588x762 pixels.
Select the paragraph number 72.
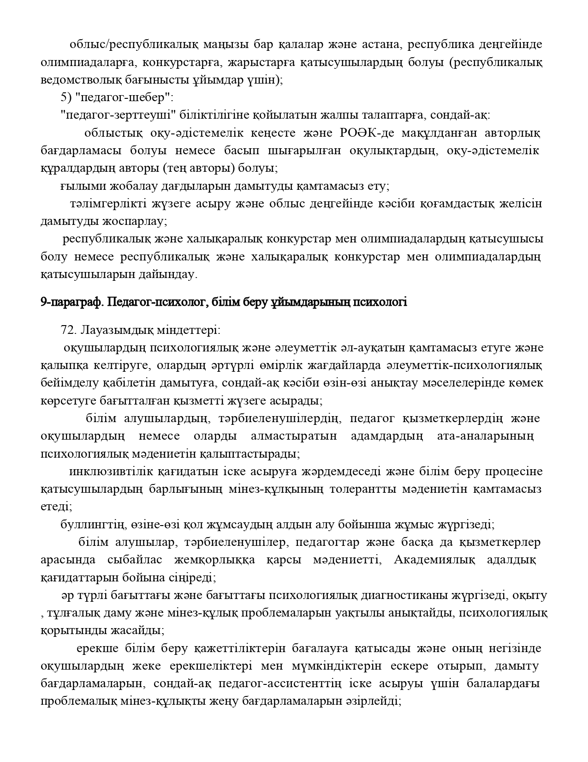click(x=68, y=331)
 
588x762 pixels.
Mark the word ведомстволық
click(x=74, y=80)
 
